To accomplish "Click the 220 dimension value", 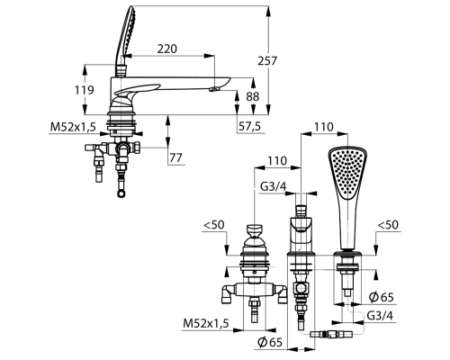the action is coord(167,49).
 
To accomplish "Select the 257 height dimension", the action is coord(267,61).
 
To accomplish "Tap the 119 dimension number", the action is coord(84,90).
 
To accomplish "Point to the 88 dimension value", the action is coord(253,96).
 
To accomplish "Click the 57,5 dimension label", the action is coord(250,126).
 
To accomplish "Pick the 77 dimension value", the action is coord(175,157).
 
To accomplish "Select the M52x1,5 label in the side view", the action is coord(73,127).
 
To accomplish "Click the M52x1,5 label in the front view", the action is coord(206,323).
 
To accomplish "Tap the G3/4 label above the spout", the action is coord(273,186).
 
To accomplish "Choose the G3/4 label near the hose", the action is coord(380,315).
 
